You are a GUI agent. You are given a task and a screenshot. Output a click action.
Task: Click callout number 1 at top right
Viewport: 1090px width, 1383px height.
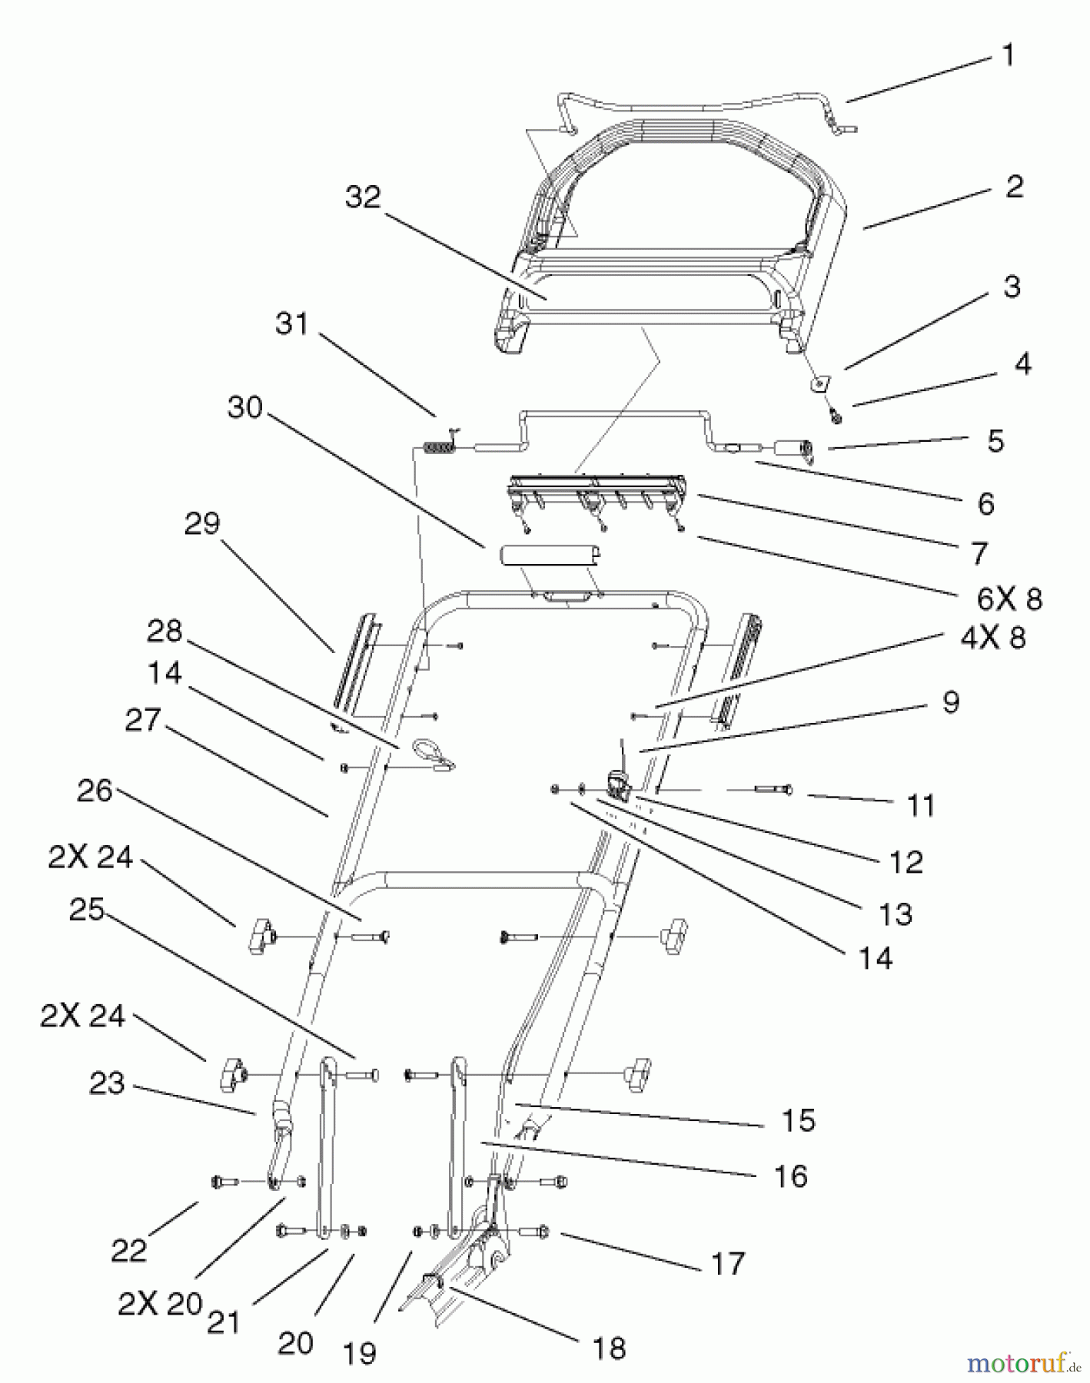click(x=1009, y=56)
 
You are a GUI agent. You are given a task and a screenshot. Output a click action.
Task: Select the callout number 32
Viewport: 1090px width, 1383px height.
click(x=363, y=197)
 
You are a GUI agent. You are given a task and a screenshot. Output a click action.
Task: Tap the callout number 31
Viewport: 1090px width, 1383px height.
click(x=292, y=324)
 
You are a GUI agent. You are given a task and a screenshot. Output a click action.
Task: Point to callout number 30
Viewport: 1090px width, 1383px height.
click(x=245, y=407)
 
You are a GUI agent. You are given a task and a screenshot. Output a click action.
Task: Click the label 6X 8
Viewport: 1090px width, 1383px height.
click(x=1009, y=599)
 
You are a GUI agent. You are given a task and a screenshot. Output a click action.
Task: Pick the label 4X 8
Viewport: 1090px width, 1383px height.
click(x=993, y=638)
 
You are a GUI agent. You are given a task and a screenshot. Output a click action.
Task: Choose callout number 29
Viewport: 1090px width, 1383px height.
click(x=202, y=524)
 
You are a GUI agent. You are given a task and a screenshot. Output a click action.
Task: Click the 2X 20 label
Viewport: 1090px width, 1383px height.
click(x=160, y=1303)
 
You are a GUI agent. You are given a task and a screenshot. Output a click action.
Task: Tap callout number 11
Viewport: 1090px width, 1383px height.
click(x=921, y=806)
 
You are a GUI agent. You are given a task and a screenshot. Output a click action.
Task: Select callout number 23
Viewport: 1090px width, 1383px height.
click(x=107, y=1083)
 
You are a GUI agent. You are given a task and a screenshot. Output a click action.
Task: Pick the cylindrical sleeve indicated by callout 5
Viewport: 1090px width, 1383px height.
click(x=796, y=448)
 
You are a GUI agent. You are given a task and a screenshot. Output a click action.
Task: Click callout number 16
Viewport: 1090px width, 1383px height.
click(x=790, y=1176)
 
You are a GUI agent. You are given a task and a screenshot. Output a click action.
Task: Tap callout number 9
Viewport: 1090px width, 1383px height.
click(x=950, y=701)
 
